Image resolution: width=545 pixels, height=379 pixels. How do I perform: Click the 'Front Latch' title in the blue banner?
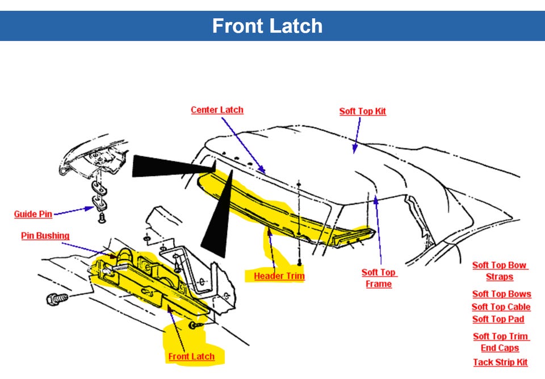pos(267,26)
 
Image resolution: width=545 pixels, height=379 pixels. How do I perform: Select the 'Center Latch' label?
pos(217,110)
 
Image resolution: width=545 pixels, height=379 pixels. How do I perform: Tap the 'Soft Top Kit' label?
pos(362,111)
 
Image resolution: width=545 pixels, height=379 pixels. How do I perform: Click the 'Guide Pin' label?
pos(33,214)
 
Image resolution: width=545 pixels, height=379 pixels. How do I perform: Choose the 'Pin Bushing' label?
pos(45,236)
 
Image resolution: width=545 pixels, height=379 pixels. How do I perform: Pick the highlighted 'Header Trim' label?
pos(279,276)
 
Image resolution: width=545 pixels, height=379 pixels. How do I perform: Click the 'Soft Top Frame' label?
pos(379,278)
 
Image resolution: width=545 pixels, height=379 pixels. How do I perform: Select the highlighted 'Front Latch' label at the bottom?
pos(191,356)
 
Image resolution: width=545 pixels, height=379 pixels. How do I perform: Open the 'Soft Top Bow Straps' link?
pos(500,271)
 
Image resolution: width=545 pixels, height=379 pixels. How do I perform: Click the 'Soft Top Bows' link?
pos(501,294)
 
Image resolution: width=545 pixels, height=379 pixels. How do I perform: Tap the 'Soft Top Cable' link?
pos(501,307)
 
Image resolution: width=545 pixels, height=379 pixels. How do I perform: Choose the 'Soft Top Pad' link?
pos(498,319)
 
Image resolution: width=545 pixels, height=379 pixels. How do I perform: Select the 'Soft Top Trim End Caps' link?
pos(500,342)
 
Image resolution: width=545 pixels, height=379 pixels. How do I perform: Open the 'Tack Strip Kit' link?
pos(500,362)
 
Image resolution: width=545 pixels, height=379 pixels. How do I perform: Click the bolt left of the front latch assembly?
pos(58,297)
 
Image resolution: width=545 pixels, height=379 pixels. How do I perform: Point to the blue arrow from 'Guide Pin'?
pos(74,211)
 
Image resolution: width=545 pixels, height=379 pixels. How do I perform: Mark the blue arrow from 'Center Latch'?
pos(242,143)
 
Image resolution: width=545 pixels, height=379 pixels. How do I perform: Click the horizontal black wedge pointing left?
pos(170,165)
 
